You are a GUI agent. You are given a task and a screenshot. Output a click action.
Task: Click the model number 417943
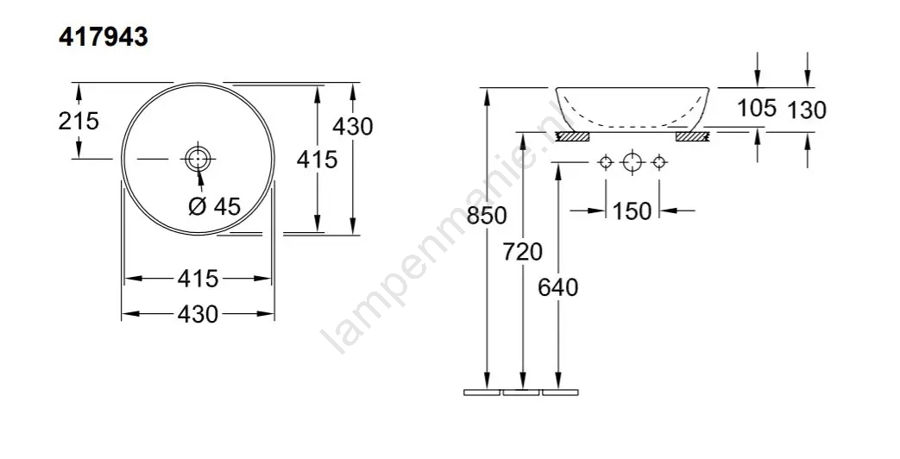pos(104,38)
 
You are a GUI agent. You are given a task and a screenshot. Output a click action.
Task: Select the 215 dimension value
pos(79,121)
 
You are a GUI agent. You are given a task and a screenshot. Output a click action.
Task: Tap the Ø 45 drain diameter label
pos(215,206)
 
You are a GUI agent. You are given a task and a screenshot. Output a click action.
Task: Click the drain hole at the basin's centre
pos(198,158)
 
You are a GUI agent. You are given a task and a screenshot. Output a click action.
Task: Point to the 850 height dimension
pos(487,216)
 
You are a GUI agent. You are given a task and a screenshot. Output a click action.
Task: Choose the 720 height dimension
pos(522,251)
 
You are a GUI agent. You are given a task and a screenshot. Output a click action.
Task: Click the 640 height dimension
pos(558,286)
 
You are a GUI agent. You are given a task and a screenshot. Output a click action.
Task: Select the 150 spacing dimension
pos(632,211)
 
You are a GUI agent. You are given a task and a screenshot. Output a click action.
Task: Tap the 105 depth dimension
pos(757,107)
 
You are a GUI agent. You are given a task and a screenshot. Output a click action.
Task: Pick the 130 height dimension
pos(807,110)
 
